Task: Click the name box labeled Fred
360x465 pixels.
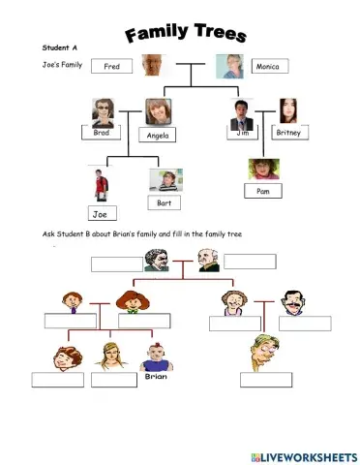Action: [111, 68]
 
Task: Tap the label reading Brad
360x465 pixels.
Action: [102, 134]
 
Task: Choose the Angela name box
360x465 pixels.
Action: [158, 136]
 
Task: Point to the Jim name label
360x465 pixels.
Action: [243, 134]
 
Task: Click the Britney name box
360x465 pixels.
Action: [289, 134]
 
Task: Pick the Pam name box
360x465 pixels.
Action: [263, 191]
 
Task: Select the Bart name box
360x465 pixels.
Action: [164, 202]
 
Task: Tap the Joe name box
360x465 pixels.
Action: [99, 213]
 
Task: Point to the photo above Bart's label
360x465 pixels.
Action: [165, 180]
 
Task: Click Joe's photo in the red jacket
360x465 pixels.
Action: [99, 185]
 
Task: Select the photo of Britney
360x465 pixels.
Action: [288, 110]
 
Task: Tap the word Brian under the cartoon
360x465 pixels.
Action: [157, 377]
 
